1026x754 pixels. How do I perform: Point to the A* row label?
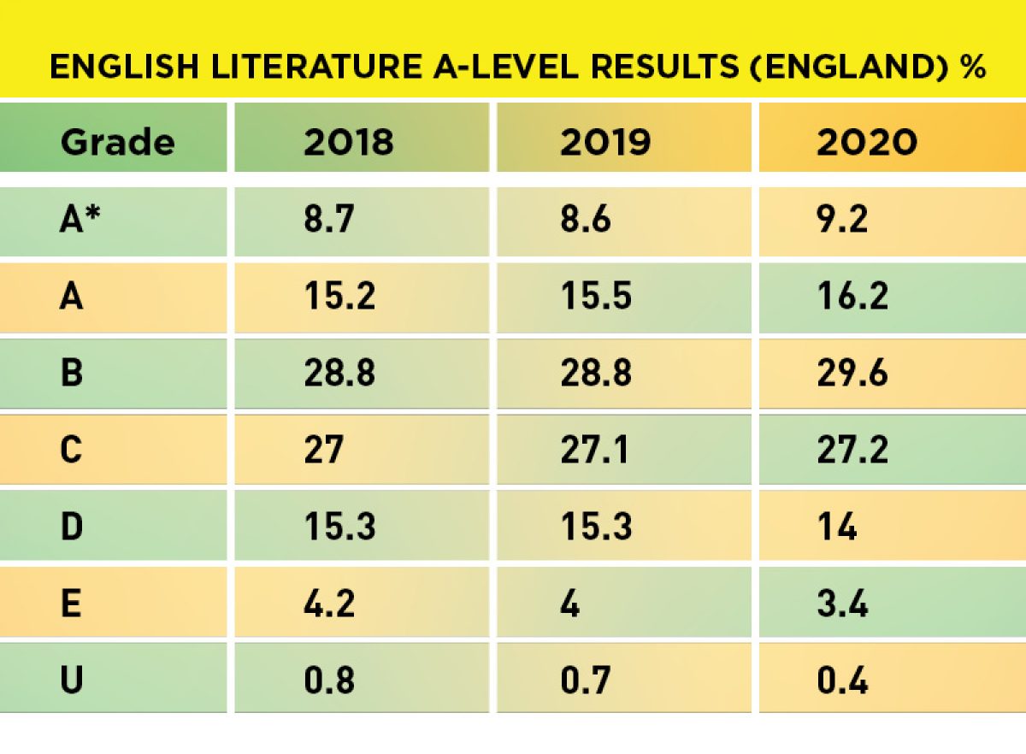click(x=78, y=221)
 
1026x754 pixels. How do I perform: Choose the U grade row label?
click(x=72, y=681)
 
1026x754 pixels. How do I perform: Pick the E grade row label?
click(x=72, y=604)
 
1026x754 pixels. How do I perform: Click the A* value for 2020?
click(x=842, y=221)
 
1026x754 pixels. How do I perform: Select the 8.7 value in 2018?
click(x=327, y=221)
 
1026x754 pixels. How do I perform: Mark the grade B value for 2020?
click(x=853, y=374)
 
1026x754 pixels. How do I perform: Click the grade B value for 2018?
click(x=339, y=374)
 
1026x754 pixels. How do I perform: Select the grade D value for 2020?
click(x=836, y=527)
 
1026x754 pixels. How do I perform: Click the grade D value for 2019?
click(x=596, y=527)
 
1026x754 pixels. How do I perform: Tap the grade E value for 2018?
click(x=327, y=604)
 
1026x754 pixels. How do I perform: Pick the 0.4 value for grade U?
click(x=842, y=681)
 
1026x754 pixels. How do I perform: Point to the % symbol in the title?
click(x=972, y=68)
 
